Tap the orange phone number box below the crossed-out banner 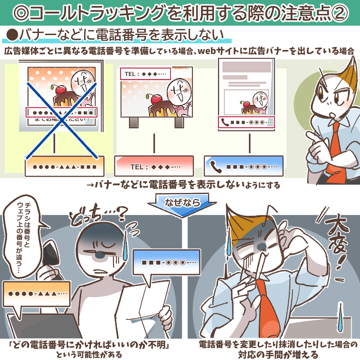(65, 166)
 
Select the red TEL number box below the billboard (154, 166)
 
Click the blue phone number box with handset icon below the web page (244, 166)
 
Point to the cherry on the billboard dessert (156, 99)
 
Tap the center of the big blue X (62, 121)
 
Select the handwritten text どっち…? (99, 215)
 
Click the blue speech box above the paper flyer (167, 262)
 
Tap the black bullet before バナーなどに (12, 35)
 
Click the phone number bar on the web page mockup (246, 122)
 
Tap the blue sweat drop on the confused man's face (125, 247)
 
